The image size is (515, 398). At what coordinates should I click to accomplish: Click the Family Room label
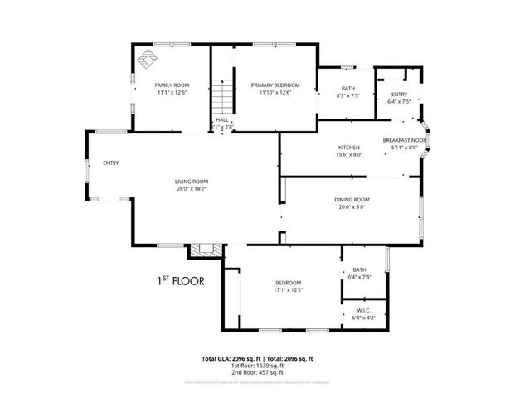point(172,85)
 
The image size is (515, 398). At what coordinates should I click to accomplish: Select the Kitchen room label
point(348,147)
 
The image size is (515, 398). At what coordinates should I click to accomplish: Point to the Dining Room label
point(351,200)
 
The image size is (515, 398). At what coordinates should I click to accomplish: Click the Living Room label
point(192,182)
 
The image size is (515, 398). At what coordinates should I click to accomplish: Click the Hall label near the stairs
point(222,120)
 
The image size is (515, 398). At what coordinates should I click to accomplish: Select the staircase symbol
point(221,97)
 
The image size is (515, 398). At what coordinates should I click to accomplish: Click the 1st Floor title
point(181,279)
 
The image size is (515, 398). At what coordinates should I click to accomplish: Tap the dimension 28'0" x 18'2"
point(192,189)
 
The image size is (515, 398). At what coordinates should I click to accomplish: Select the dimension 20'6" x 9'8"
point(351,207)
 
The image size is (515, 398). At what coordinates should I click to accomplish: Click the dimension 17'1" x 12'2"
point(288,290)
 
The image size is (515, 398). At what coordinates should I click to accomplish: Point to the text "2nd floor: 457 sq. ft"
point(257,372)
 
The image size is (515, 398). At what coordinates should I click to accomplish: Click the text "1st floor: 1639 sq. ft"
point(257,366)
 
